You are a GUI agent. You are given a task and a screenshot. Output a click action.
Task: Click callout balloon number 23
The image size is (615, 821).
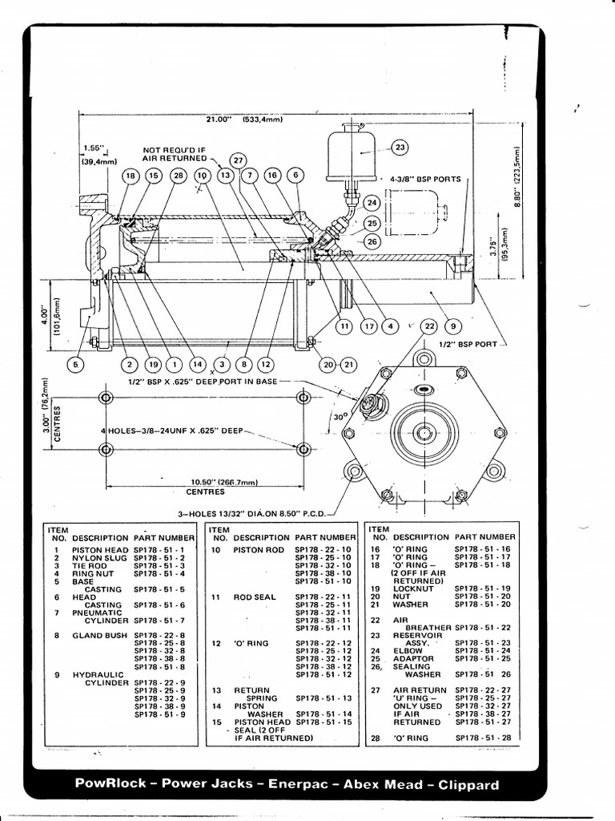point(399,147)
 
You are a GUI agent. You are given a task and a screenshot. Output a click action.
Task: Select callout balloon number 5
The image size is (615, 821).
point(76,364)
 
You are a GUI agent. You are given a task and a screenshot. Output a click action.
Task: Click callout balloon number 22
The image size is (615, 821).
point(429,326)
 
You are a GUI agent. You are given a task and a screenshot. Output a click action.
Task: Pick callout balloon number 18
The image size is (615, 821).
point(129,176)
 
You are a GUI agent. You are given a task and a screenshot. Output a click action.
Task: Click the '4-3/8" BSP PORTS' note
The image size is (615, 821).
point(425,180)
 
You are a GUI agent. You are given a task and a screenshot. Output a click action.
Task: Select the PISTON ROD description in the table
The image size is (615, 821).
point(258,550)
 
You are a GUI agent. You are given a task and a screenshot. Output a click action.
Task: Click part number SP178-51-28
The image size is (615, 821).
point(482,737)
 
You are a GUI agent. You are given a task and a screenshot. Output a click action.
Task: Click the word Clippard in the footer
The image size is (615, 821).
point(467,785)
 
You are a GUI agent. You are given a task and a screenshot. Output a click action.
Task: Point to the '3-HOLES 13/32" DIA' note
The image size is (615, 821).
point(249,513)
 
